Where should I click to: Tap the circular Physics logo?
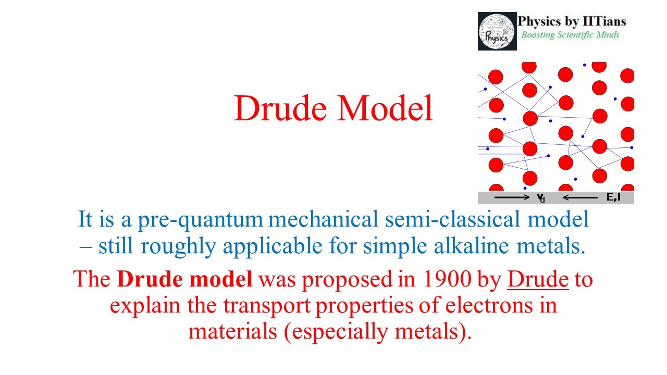[x=497, y=31]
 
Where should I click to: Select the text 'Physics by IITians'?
[x=572, y=22]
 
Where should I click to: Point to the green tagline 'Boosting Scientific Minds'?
[x=570, y=35]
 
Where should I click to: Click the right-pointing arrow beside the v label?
[x=512, y=198]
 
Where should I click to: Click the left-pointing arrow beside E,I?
[x=580, y=198]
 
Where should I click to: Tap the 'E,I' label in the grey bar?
[x=613, y=197]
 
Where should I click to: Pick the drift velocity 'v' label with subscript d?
[x=541, y=198]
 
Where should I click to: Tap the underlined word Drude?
[x=538, y=280]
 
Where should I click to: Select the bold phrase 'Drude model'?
[x=185, y=280]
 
